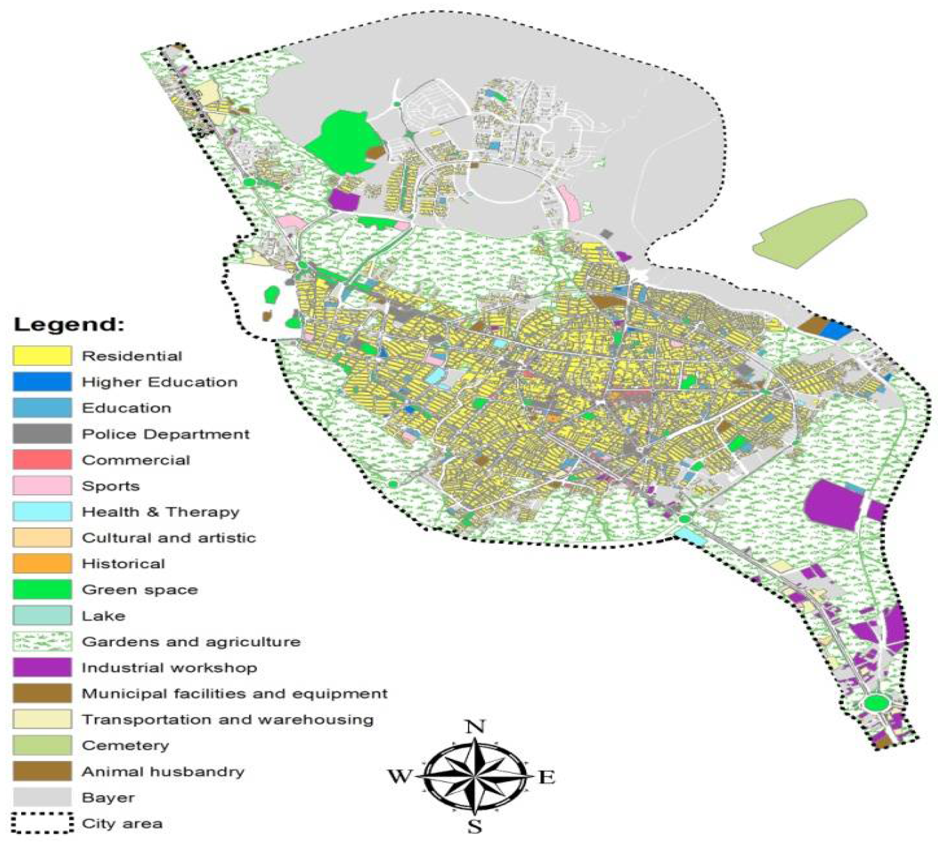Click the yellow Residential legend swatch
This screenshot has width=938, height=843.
(42, 356)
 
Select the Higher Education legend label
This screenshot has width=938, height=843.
(159, 382)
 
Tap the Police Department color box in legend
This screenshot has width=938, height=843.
(42, 434)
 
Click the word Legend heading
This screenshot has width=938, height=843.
(69, 324)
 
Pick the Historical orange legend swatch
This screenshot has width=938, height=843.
(42, 563)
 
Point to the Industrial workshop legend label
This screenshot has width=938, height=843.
(169, 668)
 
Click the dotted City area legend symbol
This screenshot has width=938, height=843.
(42, 823)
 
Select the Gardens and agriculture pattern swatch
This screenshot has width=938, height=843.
(42, 641)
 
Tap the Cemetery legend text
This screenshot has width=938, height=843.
(126, 745)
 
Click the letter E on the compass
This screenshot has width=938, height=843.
(547, 777)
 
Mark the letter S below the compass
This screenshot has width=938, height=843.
(475, 826)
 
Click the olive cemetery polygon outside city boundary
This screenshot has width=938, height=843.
(809, 233)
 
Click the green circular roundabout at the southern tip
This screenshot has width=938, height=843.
(876, 702)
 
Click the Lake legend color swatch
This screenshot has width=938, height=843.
(42, 615)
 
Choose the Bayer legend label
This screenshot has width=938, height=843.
(108, 797)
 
